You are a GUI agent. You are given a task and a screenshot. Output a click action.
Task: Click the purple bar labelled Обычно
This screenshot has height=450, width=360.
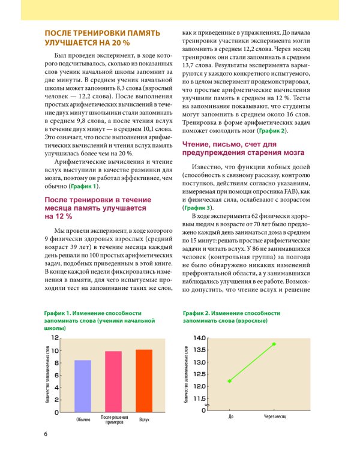tap(83, 386)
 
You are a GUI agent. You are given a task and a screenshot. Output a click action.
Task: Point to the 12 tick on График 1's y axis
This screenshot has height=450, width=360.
tap(55, 338)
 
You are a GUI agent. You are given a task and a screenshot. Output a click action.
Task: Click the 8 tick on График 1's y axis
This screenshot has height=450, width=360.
tap(56, 363)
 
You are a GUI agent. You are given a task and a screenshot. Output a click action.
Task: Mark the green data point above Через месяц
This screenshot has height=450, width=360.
tap(274, 344)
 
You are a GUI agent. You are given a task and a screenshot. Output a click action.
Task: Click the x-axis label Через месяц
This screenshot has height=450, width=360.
tap(274, 416)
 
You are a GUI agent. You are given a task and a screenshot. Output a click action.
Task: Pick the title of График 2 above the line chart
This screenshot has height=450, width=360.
tap(232, 317)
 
